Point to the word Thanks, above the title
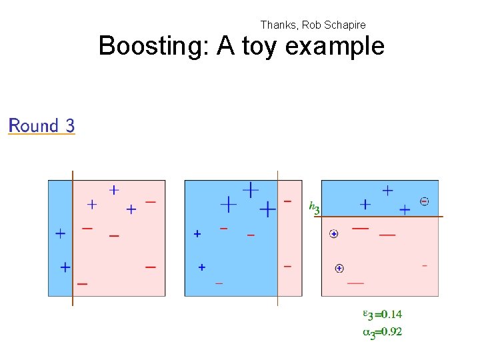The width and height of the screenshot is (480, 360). (x=279, y=25)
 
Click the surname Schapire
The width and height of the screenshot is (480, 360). (x=343, y=25)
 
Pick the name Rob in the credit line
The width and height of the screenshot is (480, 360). (x=311, y=25)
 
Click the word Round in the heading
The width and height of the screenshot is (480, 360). (x=33, y=125)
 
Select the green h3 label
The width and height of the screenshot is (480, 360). (x=314, y=207)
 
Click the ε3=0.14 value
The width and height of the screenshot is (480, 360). (x=382, y=314)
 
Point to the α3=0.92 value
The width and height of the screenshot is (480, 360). (x=382, y=331)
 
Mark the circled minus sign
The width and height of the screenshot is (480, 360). (x=425, y=201)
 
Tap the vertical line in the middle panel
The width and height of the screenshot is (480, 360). (x=277, y=240)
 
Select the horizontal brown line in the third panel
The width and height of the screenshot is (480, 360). (x=380, y=217)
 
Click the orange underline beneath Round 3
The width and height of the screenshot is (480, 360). (x=41, y=135)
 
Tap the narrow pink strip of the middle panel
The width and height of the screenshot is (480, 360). (x=289, y=240)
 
